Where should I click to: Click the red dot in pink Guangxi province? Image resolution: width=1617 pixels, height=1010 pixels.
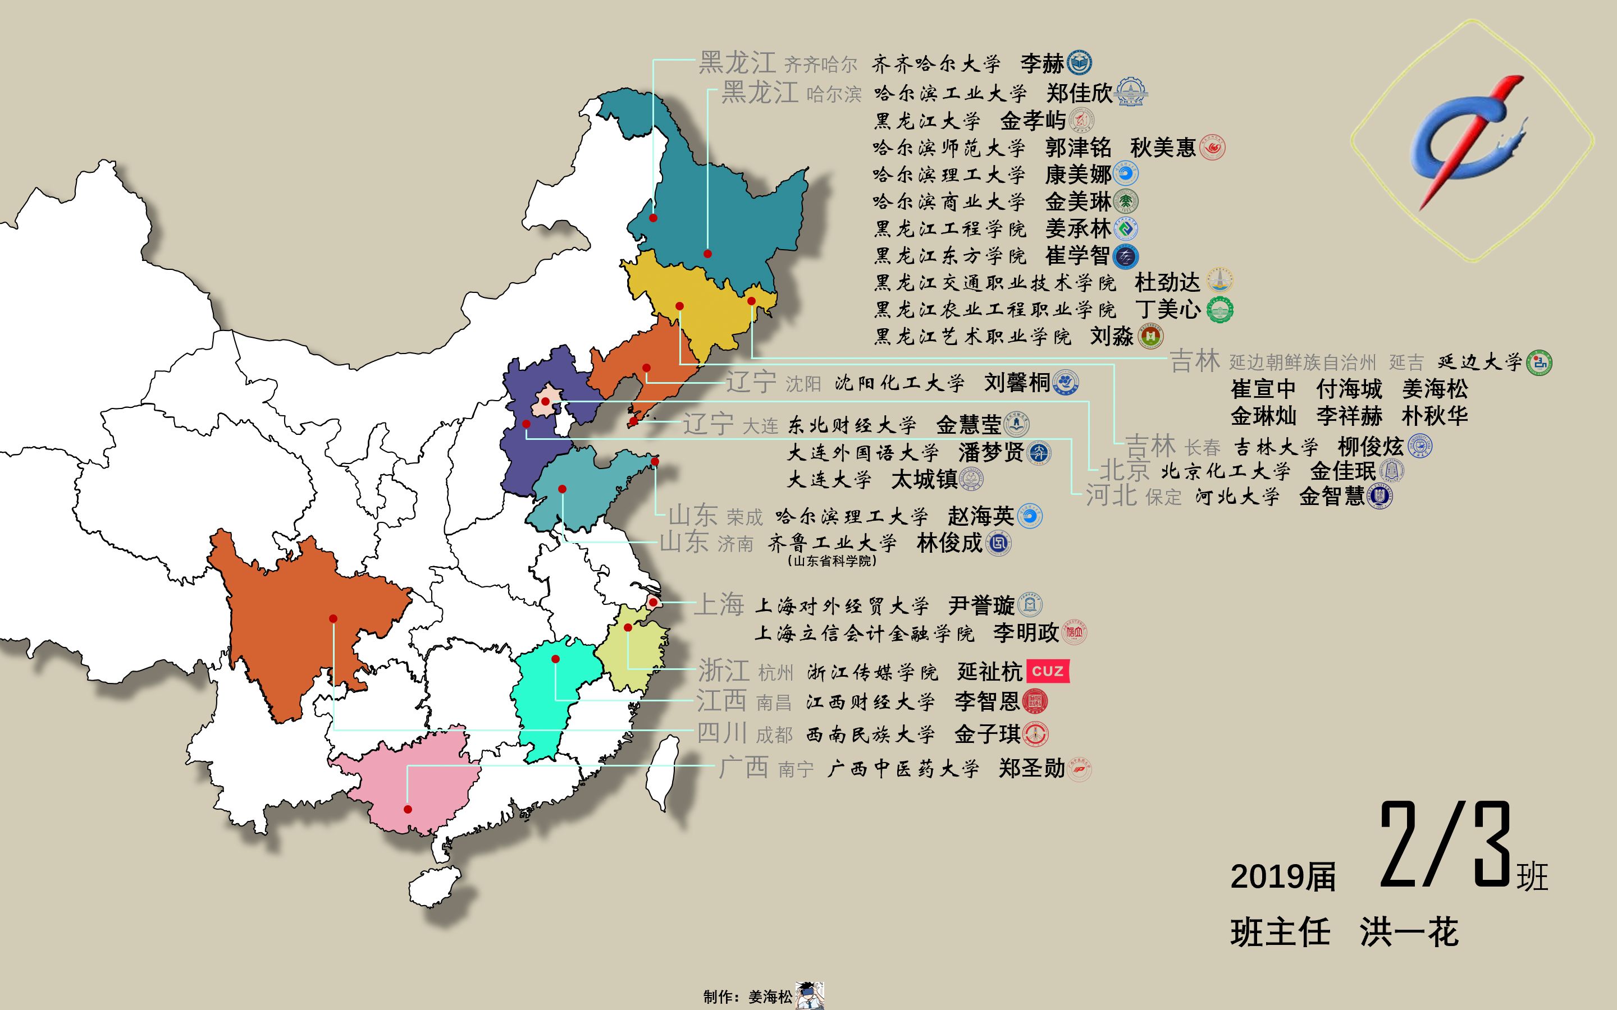(408, 809)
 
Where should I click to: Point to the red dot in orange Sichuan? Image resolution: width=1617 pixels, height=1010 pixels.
(333, 618)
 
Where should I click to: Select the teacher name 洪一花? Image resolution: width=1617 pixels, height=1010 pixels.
(1409, 932)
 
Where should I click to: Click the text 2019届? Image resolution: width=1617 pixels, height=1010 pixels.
(1282, 877)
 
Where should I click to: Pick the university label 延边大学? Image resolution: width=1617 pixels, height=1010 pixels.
(1479, 362)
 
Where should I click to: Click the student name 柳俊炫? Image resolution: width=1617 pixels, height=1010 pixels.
(1371, 446)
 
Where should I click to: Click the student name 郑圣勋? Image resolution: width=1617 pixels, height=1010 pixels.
(1031, 768)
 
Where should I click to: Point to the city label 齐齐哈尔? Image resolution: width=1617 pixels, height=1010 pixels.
(820, 65)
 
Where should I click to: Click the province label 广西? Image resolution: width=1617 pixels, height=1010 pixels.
(743, 767)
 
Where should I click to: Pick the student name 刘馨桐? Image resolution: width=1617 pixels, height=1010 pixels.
(1016, 383)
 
